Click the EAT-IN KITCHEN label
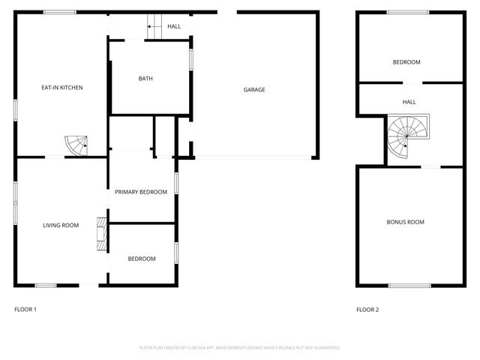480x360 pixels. pos(61,88)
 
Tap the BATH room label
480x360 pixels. pos(145,79)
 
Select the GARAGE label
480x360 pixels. pos(254,90)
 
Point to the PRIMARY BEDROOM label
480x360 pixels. pos(141,192)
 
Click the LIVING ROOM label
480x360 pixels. pos(61,225)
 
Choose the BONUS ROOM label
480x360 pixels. pos(405,222)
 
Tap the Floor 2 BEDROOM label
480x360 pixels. pos(406,62)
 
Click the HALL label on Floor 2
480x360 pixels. pos(409,102)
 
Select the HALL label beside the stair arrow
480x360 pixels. pos(174,27)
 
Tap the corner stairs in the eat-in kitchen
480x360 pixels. pos(76,144)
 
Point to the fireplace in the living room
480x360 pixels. pos(100,233)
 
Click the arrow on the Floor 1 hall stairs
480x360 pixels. pos(153,28)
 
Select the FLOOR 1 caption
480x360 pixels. pos(25,309)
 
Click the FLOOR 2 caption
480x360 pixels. pos(367,309)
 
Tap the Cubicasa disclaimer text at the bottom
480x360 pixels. pos(240,348)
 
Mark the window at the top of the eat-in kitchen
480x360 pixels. pos(59,12)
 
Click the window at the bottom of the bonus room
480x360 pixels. pos(409,285)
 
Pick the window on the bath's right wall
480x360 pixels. pos(191,58)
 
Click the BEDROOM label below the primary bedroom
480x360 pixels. pos(141,259)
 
